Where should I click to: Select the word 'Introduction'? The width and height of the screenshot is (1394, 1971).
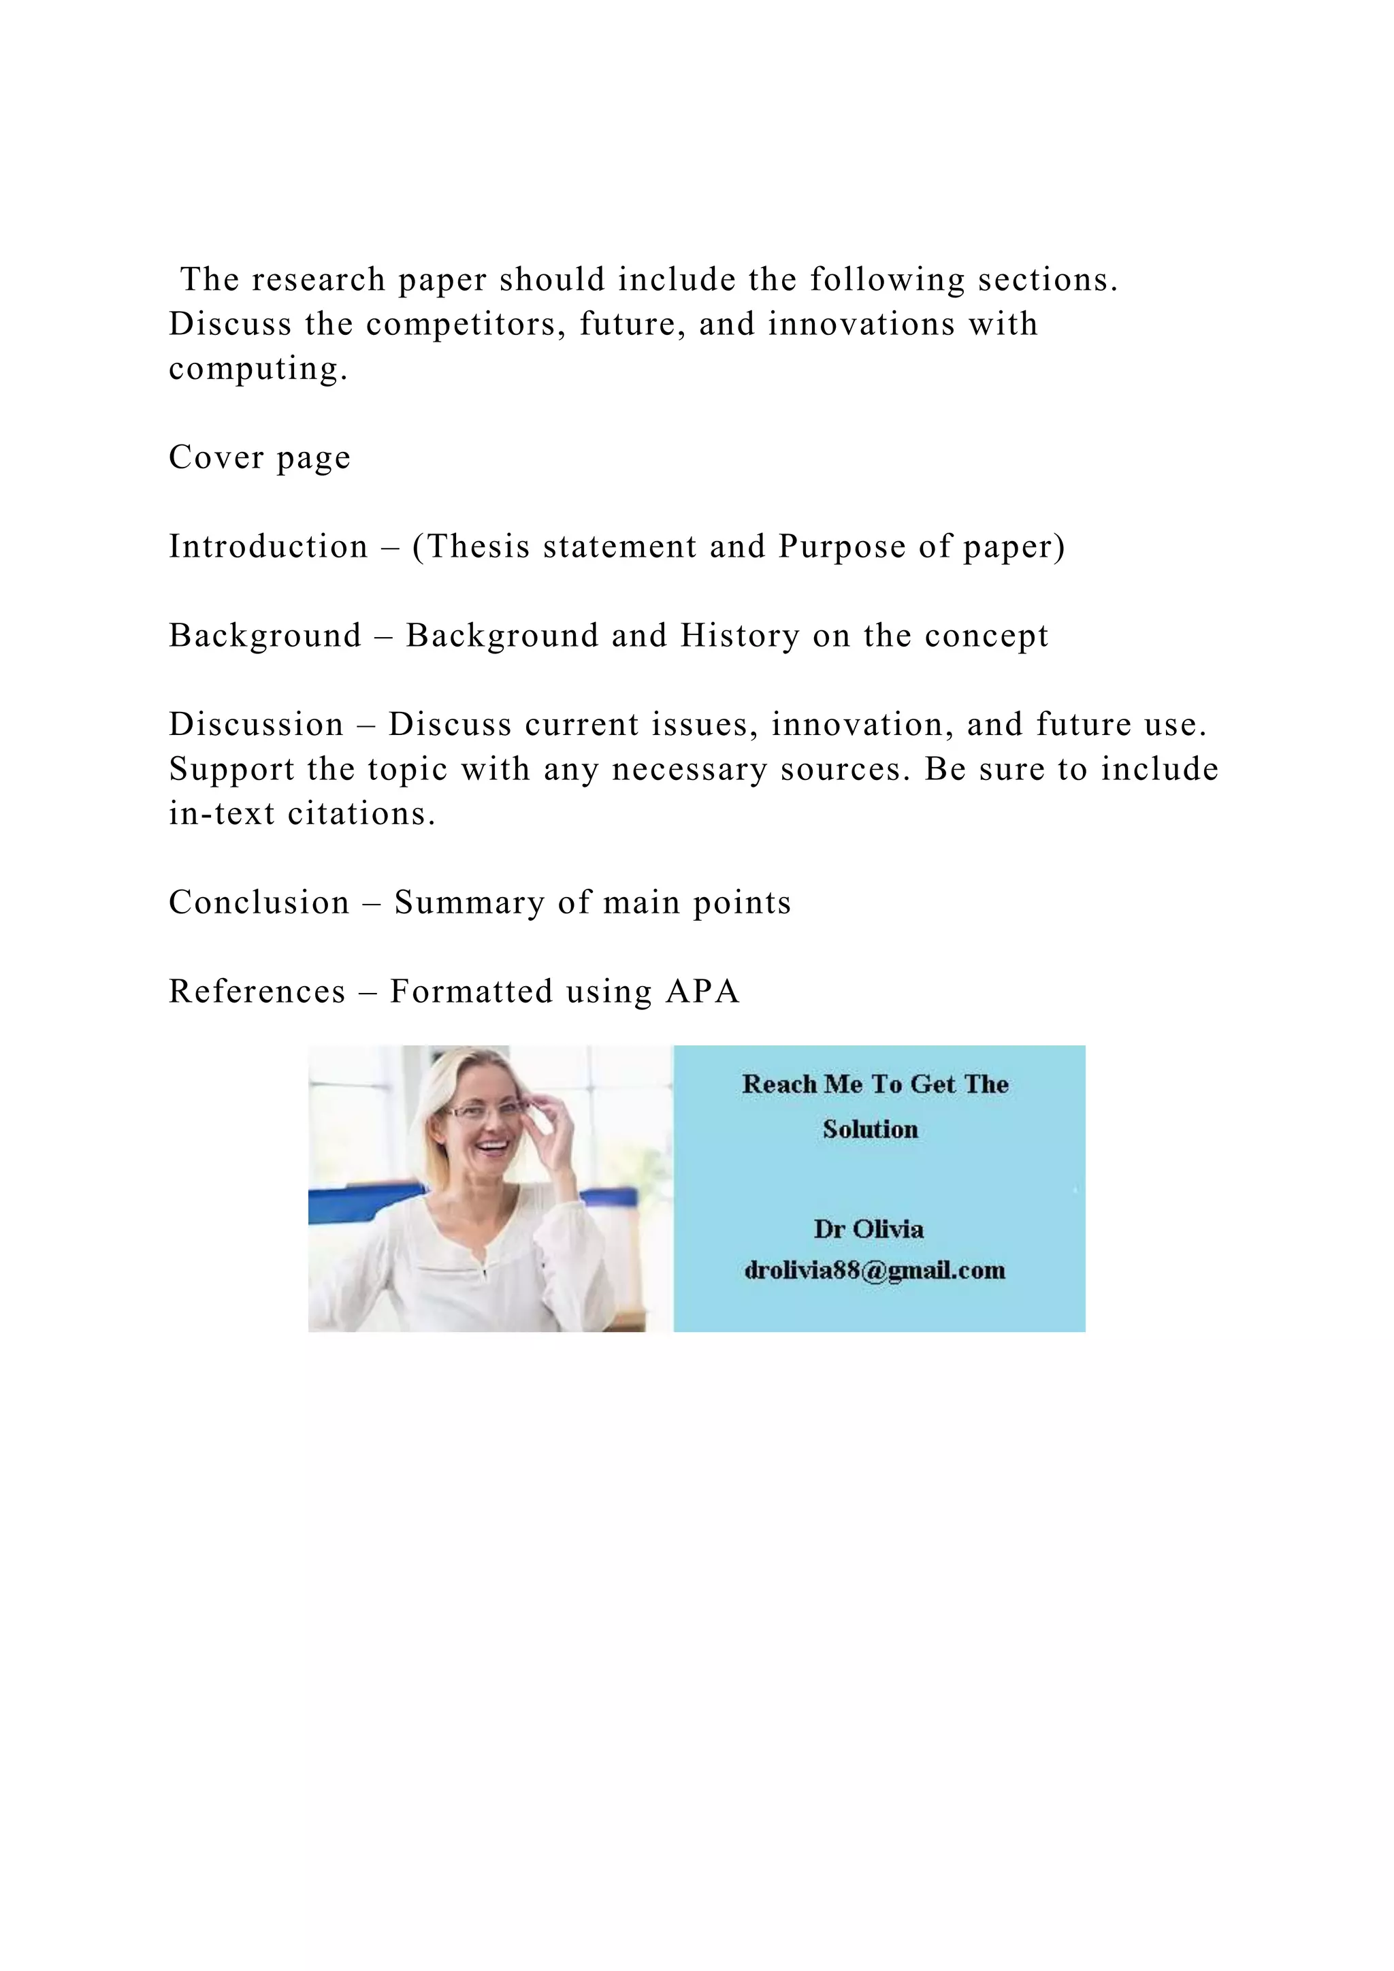pos(268,546)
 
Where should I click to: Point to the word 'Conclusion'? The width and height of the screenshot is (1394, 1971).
pos(259,902)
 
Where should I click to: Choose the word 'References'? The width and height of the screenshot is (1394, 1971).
pos(257,992)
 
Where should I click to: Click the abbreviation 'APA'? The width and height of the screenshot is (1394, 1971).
pos(702,992)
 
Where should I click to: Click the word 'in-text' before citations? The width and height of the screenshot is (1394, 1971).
pos(221,813)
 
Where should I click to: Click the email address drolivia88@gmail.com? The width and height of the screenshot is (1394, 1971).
pos(874,1271)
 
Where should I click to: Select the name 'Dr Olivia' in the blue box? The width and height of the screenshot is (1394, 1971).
pos(869,1229)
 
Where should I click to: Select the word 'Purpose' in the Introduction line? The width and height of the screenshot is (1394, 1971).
pos(841,546)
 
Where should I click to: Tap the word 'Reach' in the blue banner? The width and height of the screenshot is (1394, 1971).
pos(779,1084)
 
